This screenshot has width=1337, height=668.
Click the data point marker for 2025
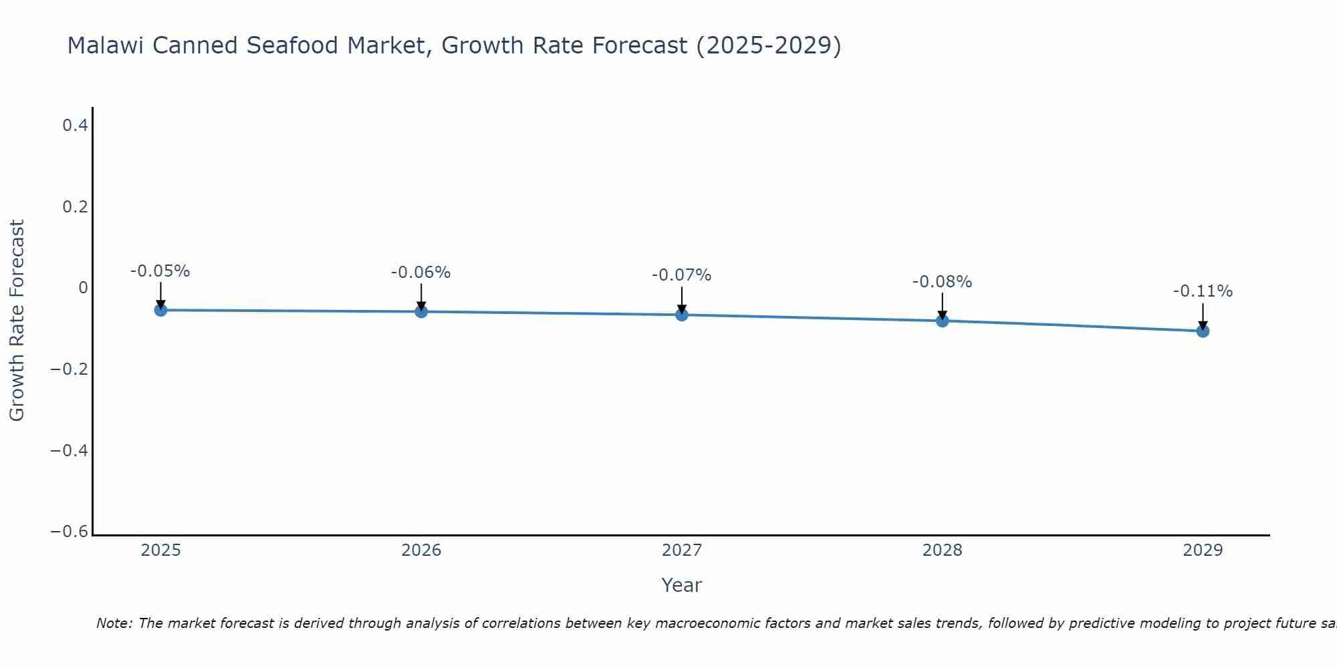pos(160,310)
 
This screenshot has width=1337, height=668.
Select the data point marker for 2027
pos(682,315)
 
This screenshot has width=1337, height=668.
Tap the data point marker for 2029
pos(1203,331)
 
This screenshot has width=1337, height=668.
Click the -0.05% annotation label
pos(160,271)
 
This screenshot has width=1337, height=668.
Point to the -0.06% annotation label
pos(421,273)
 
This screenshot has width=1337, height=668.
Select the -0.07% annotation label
pos(682,275)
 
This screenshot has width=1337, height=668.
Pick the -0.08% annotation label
pos(942,282)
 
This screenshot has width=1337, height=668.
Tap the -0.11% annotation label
pos(1203,291)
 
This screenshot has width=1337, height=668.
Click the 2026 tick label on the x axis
pos(421,550)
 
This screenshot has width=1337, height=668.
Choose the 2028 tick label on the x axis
pos(942,550)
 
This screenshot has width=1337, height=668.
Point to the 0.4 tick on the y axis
pos(75,125)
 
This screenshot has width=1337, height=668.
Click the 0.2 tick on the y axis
pos(75,206)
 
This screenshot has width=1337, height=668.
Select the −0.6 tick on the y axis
pos(70,532)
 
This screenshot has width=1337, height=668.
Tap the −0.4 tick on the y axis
pos(70,450)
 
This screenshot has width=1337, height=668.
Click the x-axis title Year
pos(681,585)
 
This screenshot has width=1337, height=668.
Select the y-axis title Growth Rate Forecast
pos(17,321)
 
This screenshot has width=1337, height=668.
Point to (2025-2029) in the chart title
pos(769,46)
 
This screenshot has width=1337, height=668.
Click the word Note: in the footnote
pos(114,623)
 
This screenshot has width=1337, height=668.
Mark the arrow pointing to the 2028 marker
pos(942,306)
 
